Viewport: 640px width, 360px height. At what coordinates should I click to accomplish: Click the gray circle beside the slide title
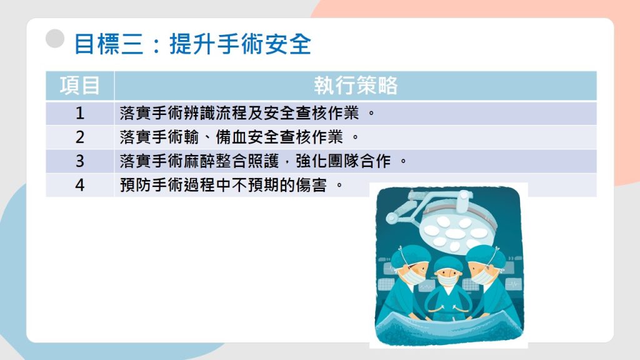(55, 39)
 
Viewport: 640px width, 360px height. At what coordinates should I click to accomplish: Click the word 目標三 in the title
(109, 44)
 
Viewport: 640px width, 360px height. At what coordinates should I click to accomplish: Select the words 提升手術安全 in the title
(241, 44)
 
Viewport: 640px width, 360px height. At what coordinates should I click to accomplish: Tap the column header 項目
(80, 86)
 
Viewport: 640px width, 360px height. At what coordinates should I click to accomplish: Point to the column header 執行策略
(356, 86)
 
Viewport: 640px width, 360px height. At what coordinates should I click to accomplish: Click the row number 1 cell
(80, 113)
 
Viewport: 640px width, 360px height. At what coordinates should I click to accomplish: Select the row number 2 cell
(80, 137)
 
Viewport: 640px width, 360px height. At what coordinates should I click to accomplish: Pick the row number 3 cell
(80, 161)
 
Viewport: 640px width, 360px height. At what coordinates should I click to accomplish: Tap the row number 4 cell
(80, 185)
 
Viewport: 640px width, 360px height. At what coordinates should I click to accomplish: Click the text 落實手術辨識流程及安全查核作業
(239, 113)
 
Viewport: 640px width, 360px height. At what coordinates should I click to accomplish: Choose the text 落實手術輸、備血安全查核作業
(231, 137)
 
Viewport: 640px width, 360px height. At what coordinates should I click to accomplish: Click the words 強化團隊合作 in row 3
(343, 161)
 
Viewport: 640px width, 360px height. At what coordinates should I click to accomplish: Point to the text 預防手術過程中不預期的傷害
(223, 185)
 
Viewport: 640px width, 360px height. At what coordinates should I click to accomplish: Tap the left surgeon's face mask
(411, 277)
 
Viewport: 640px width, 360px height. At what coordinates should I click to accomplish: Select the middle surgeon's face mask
(448, 280)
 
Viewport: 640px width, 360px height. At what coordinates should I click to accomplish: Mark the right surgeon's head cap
(485, 255)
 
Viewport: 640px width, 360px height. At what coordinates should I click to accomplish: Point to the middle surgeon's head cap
(448, 264)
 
